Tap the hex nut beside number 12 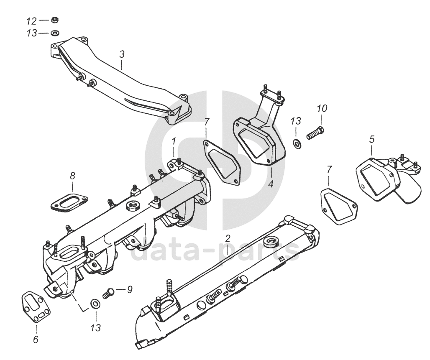click(54, 20)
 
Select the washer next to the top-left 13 click(54, 33)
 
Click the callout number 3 click(122, 54)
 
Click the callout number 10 click(322, 108)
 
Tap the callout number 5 click(371, 139)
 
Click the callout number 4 click(271, 183)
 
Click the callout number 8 click(72, 176)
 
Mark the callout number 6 click(36, 340)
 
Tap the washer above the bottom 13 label click(95, 304)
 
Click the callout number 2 click(228, 239)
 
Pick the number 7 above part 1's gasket click(207, 122)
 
